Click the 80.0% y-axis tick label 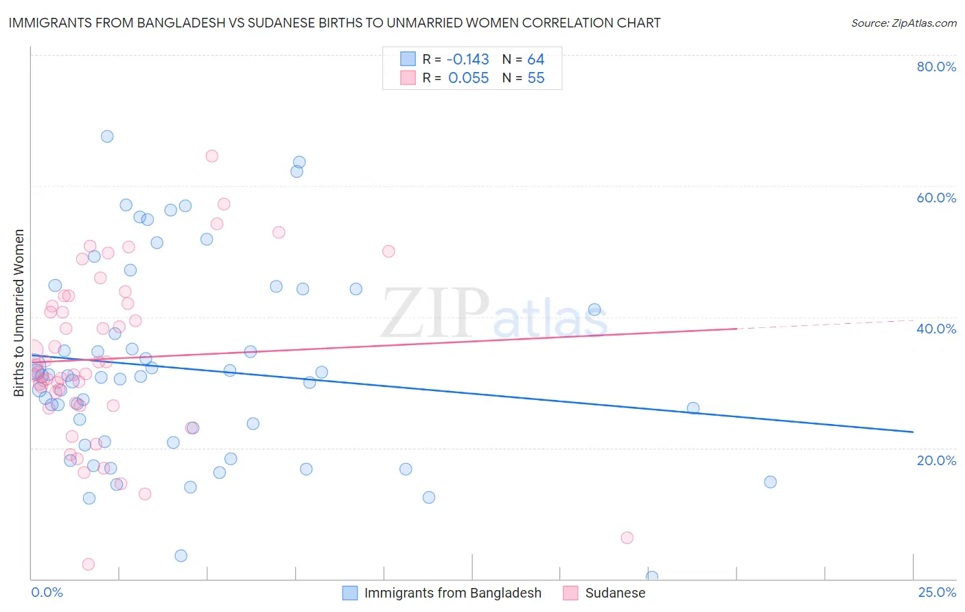(x=936, y=67)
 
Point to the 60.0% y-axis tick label (x=936, y=198)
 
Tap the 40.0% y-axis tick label (x=936, y=329)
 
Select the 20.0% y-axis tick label (x=936, y=460)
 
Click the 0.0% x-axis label (x=47, y=592)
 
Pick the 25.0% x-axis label (x=937, y=592)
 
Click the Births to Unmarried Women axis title (x=19, y=313)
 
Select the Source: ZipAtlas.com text (x=903, y=23)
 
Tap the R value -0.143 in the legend (x=468, y=60)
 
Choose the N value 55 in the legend (x=535, y=78)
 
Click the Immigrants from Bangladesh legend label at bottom (x=452, y=593)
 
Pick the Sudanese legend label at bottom (x=615, y=593)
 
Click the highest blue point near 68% (x=107, y=137)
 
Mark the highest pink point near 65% (x=212, y=156)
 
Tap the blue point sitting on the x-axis (x=652, y=577)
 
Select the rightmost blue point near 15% (x=770, y=482)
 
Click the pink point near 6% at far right (x=627, y=538)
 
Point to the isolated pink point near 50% (x=388, y=252)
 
